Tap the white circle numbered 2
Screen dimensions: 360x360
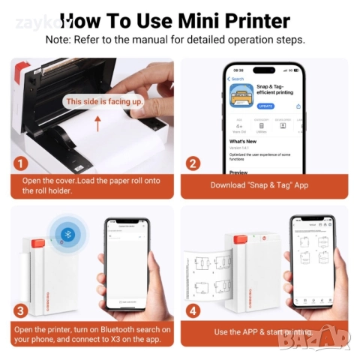[193, 163]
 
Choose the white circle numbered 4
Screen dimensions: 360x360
[193, 310]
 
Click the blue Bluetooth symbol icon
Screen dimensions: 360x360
[65, 235]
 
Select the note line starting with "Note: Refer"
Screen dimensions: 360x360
[175, 39]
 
